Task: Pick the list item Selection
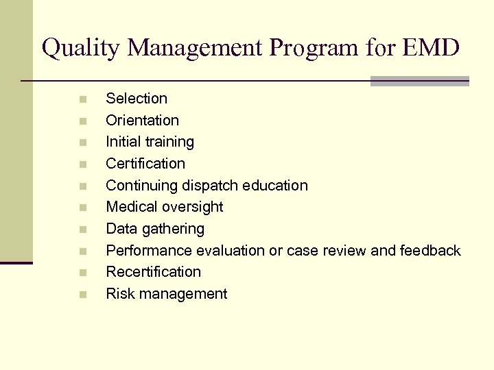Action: click(x=136, y=99)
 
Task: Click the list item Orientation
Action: click(x=142, y=121)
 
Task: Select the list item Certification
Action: click(x=145, y=164)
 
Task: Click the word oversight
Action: click(x=194, y=207)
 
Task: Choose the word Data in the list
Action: click(x=120, y=229)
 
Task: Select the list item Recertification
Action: click(x=153, y=272)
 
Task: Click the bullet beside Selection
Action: click(x=82, y=99)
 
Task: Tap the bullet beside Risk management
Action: click(x=82, y=295)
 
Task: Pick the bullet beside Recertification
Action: click(x=82, y=273)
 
